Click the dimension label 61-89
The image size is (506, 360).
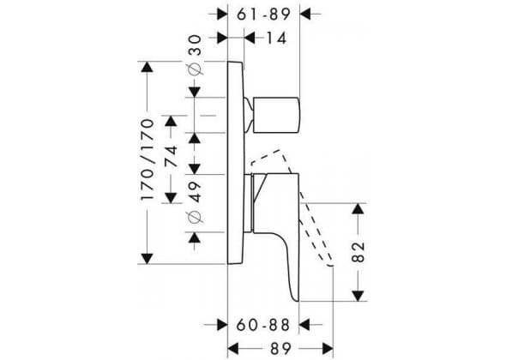pos(263,15)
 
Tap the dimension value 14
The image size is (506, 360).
pos(276,39)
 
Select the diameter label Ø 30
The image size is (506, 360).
pos(196,55)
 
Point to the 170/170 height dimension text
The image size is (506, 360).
pos(148,159)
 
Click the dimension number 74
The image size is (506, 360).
pos(171,157)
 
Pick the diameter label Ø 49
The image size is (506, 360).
pos(196,202)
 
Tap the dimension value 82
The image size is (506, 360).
pos(358,252)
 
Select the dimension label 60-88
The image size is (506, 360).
pos(263,325)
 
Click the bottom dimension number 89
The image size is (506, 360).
pos(280,349)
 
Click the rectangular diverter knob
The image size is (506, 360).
pos(277,115)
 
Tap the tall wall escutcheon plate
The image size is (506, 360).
pos(236,163)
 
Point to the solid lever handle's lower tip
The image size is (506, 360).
pos(297,301)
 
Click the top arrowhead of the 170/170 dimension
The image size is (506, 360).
pos(148,67)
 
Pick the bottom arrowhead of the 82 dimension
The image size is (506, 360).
pos(358,296)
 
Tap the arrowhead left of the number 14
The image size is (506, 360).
pos(250,39)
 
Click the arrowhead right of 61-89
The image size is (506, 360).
pos(305,15)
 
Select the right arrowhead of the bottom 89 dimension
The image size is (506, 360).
pos(328,349)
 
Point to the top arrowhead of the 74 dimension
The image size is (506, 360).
pos(171,121)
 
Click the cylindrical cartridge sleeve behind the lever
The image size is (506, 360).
pos(248,203)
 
